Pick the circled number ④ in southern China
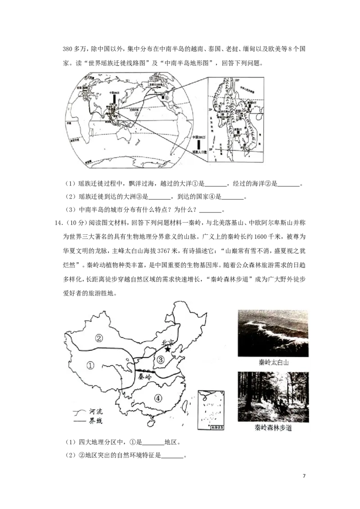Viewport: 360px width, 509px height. pos(158,397)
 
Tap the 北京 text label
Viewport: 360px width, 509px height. pos(169,343)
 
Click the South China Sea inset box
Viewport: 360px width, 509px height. pos(211,411)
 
